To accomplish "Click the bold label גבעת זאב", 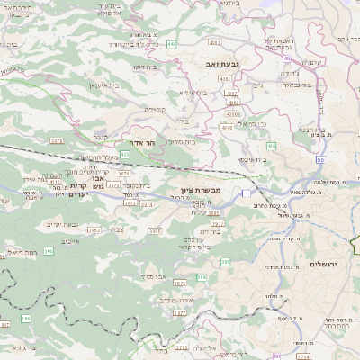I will click(215, 66).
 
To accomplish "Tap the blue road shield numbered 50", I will click(319, 158).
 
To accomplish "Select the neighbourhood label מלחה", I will click(270, 297).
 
